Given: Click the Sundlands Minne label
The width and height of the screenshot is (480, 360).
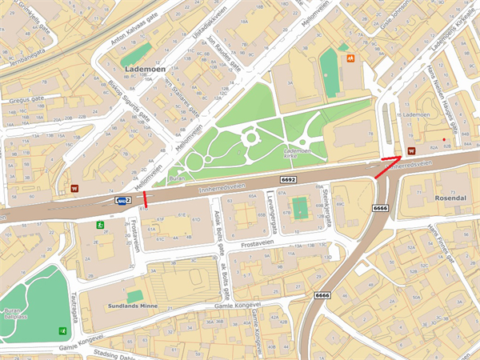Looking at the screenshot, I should (x=133, y=306).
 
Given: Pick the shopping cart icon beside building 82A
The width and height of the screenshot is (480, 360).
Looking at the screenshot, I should (x=411, y=150).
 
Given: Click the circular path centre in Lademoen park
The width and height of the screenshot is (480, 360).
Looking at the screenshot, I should (x=250, y=138).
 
